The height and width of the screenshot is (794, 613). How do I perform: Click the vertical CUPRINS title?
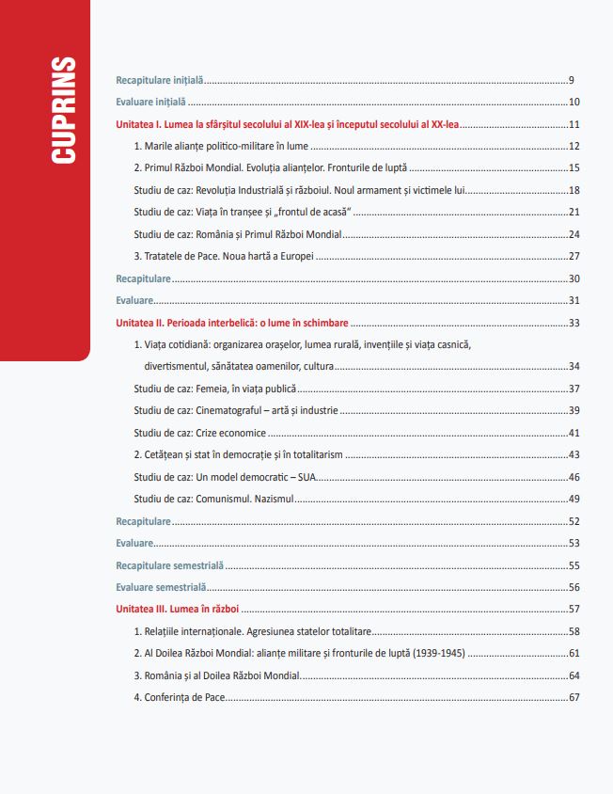[64, 110]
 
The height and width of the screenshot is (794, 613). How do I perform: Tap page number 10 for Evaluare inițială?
[574, 103]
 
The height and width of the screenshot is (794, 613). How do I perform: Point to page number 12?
[574, 147]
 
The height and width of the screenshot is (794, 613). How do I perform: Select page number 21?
[574, 213]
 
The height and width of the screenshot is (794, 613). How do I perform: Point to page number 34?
[574, 367]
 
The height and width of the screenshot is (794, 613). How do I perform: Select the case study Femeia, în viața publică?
[215, 389]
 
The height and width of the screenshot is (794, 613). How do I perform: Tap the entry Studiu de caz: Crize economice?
[199, 433]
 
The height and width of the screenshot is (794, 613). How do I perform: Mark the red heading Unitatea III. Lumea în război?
[178, 609]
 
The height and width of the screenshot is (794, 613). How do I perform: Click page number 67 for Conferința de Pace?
[574, 697]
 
